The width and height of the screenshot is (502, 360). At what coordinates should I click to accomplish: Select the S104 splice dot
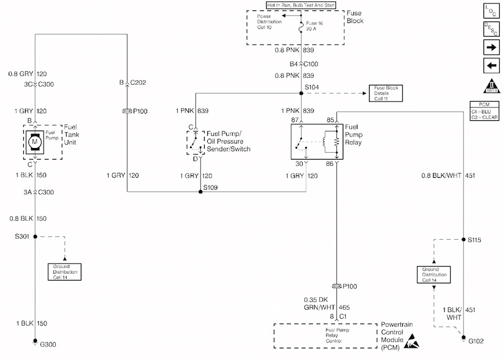302,93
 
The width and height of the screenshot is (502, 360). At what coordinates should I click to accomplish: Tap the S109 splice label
210,187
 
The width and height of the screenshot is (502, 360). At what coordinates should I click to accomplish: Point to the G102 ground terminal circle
463,337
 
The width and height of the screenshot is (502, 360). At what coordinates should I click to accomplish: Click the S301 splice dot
35,236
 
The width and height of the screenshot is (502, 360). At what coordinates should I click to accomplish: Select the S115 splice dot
463,239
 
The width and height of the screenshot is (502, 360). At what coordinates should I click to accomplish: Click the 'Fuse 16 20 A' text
314,25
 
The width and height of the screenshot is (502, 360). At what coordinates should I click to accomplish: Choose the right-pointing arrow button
491,46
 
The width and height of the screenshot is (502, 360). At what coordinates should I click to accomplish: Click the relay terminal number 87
294,120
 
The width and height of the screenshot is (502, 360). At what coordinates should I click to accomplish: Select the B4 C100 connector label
304,64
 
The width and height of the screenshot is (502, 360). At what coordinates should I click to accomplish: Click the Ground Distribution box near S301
64,272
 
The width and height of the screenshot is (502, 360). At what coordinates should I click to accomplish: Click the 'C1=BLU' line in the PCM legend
485,110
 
